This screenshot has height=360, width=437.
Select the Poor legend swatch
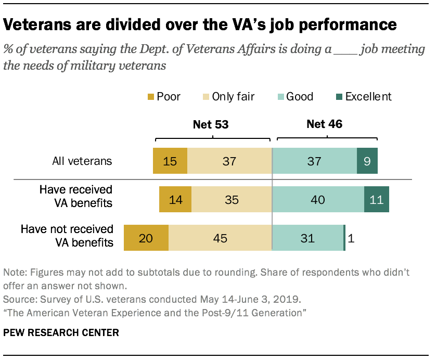point(151,97)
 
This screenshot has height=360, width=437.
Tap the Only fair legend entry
point(234,97)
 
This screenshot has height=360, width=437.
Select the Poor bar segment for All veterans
point(170,161)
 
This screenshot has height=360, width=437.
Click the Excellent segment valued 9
point(367,161)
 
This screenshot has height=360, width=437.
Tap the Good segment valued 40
point(318,200)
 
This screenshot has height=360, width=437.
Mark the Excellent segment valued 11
point(376,200)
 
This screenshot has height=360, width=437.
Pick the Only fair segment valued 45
point(220,238)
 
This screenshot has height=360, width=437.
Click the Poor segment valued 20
point(146,238)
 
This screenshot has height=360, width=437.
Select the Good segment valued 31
point(307,238)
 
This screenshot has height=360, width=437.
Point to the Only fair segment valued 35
point(232,200)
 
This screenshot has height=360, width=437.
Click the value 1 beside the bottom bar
point(351,239)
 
